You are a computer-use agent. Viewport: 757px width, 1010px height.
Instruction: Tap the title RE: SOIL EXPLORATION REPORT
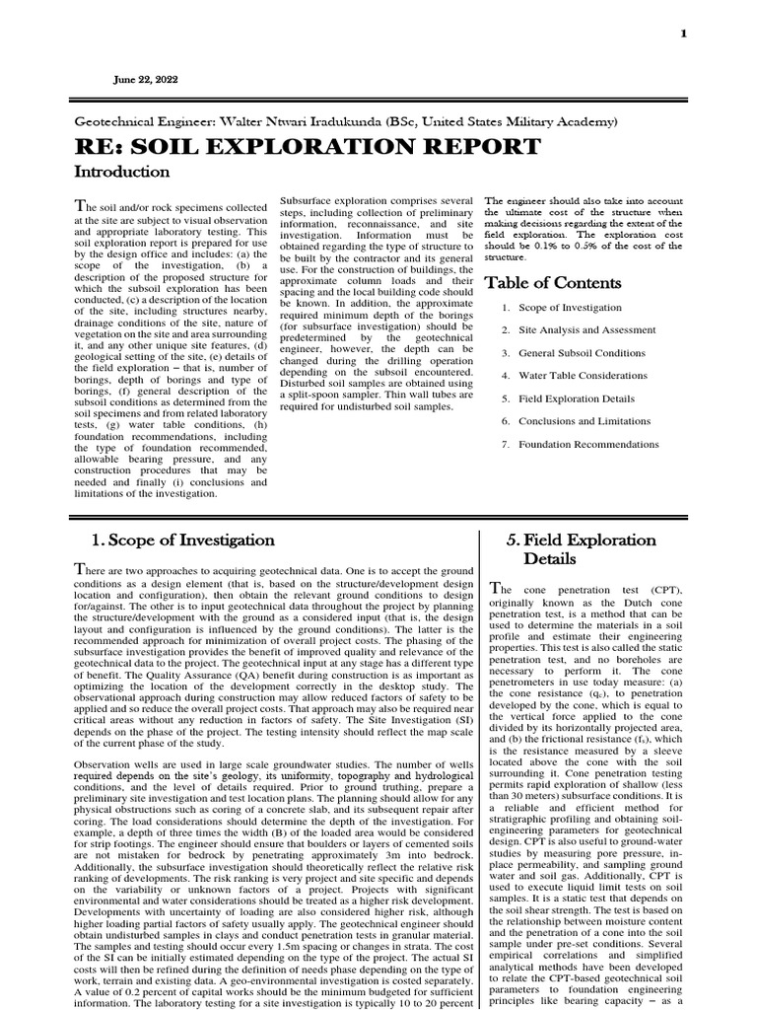click(308, 147)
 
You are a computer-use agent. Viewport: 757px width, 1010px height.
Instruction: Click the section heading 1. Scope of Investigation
click(182, 540)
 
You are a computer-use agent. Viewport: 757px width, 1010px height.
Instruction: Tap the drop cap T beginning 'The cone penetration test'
click(497, 589)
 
